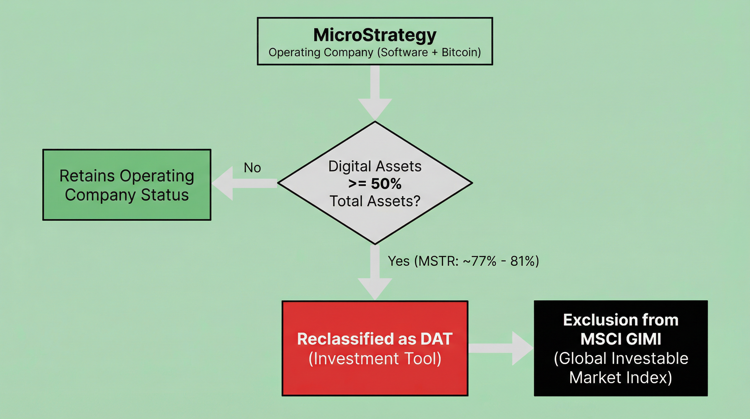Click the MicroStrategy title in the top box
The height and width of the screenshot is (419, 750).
tap(375, 35)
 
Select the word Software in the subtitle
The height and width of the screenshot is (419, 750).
tap(403, 52)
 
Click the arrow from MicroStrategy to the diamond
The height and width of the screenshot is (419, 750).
tap(375, 92)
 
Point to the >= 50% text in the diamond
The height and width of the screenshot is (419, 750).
tap(375, 184)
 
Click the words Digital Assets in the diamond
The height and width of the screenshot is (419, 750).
tap(375, 166)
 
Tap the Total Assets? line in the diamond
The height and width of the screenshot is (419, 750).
tap(375, 201)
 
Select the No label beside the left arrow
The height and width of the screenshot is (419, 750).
tap(252, 168)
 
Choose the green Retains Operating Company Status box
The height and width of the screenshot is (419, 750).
tap(127, 185)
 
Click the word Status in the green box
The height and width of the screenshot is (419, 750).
tap(165, 195)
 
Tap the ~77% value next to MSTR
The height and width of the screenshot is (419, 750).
tap(480, 261)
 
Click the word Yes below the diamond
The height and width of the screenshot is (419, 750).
tap(399, 261)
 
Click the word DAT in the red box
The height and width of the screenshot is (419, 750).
tap(436, 339)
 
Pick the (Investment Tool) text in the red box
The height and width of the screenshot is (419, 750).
tap(375, 359)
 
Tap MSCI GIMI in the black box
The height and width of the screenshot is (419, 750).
tap(621, 339)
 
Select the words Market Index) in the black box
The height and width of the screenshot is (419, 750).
tap(621, 377)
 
